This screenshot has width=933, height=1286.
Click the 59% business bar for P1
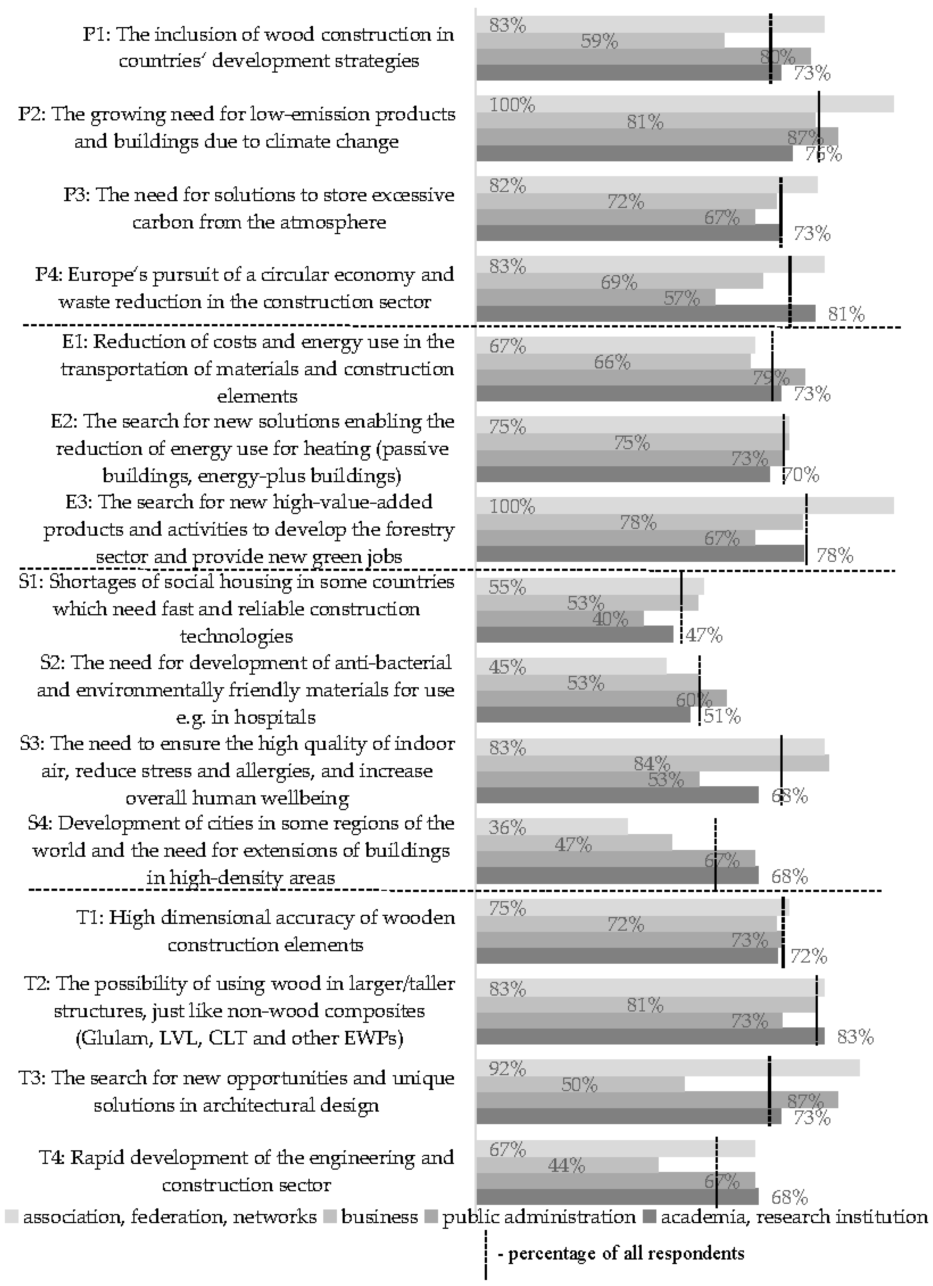tap(600, 41)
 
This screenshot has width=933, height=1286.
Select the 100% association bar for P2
tap(685, 104)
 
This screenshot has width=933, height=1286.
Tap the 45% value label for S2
tap(507, 667)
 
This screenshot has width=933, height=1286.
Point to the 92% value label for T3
tap(507, 1069)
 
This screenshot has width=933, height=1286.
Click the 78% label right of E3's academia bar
tap(834, 555)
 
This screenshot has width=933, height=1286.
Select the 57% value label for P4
tap(682, 298)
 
